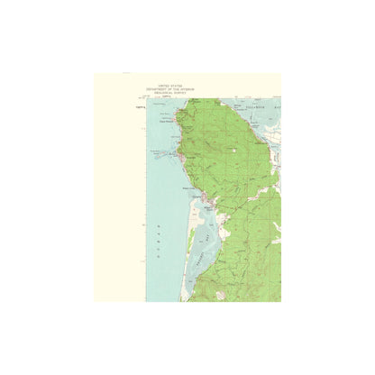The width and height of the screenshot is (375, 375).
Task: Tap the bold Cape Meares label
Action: click(x=166, y=120)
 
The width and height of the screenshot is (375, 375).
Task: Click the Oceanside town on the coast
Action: click(x=182, y=159)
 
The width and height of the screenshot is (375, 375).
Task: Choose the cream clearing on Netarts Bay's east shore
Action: click(x=219, y=233)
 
